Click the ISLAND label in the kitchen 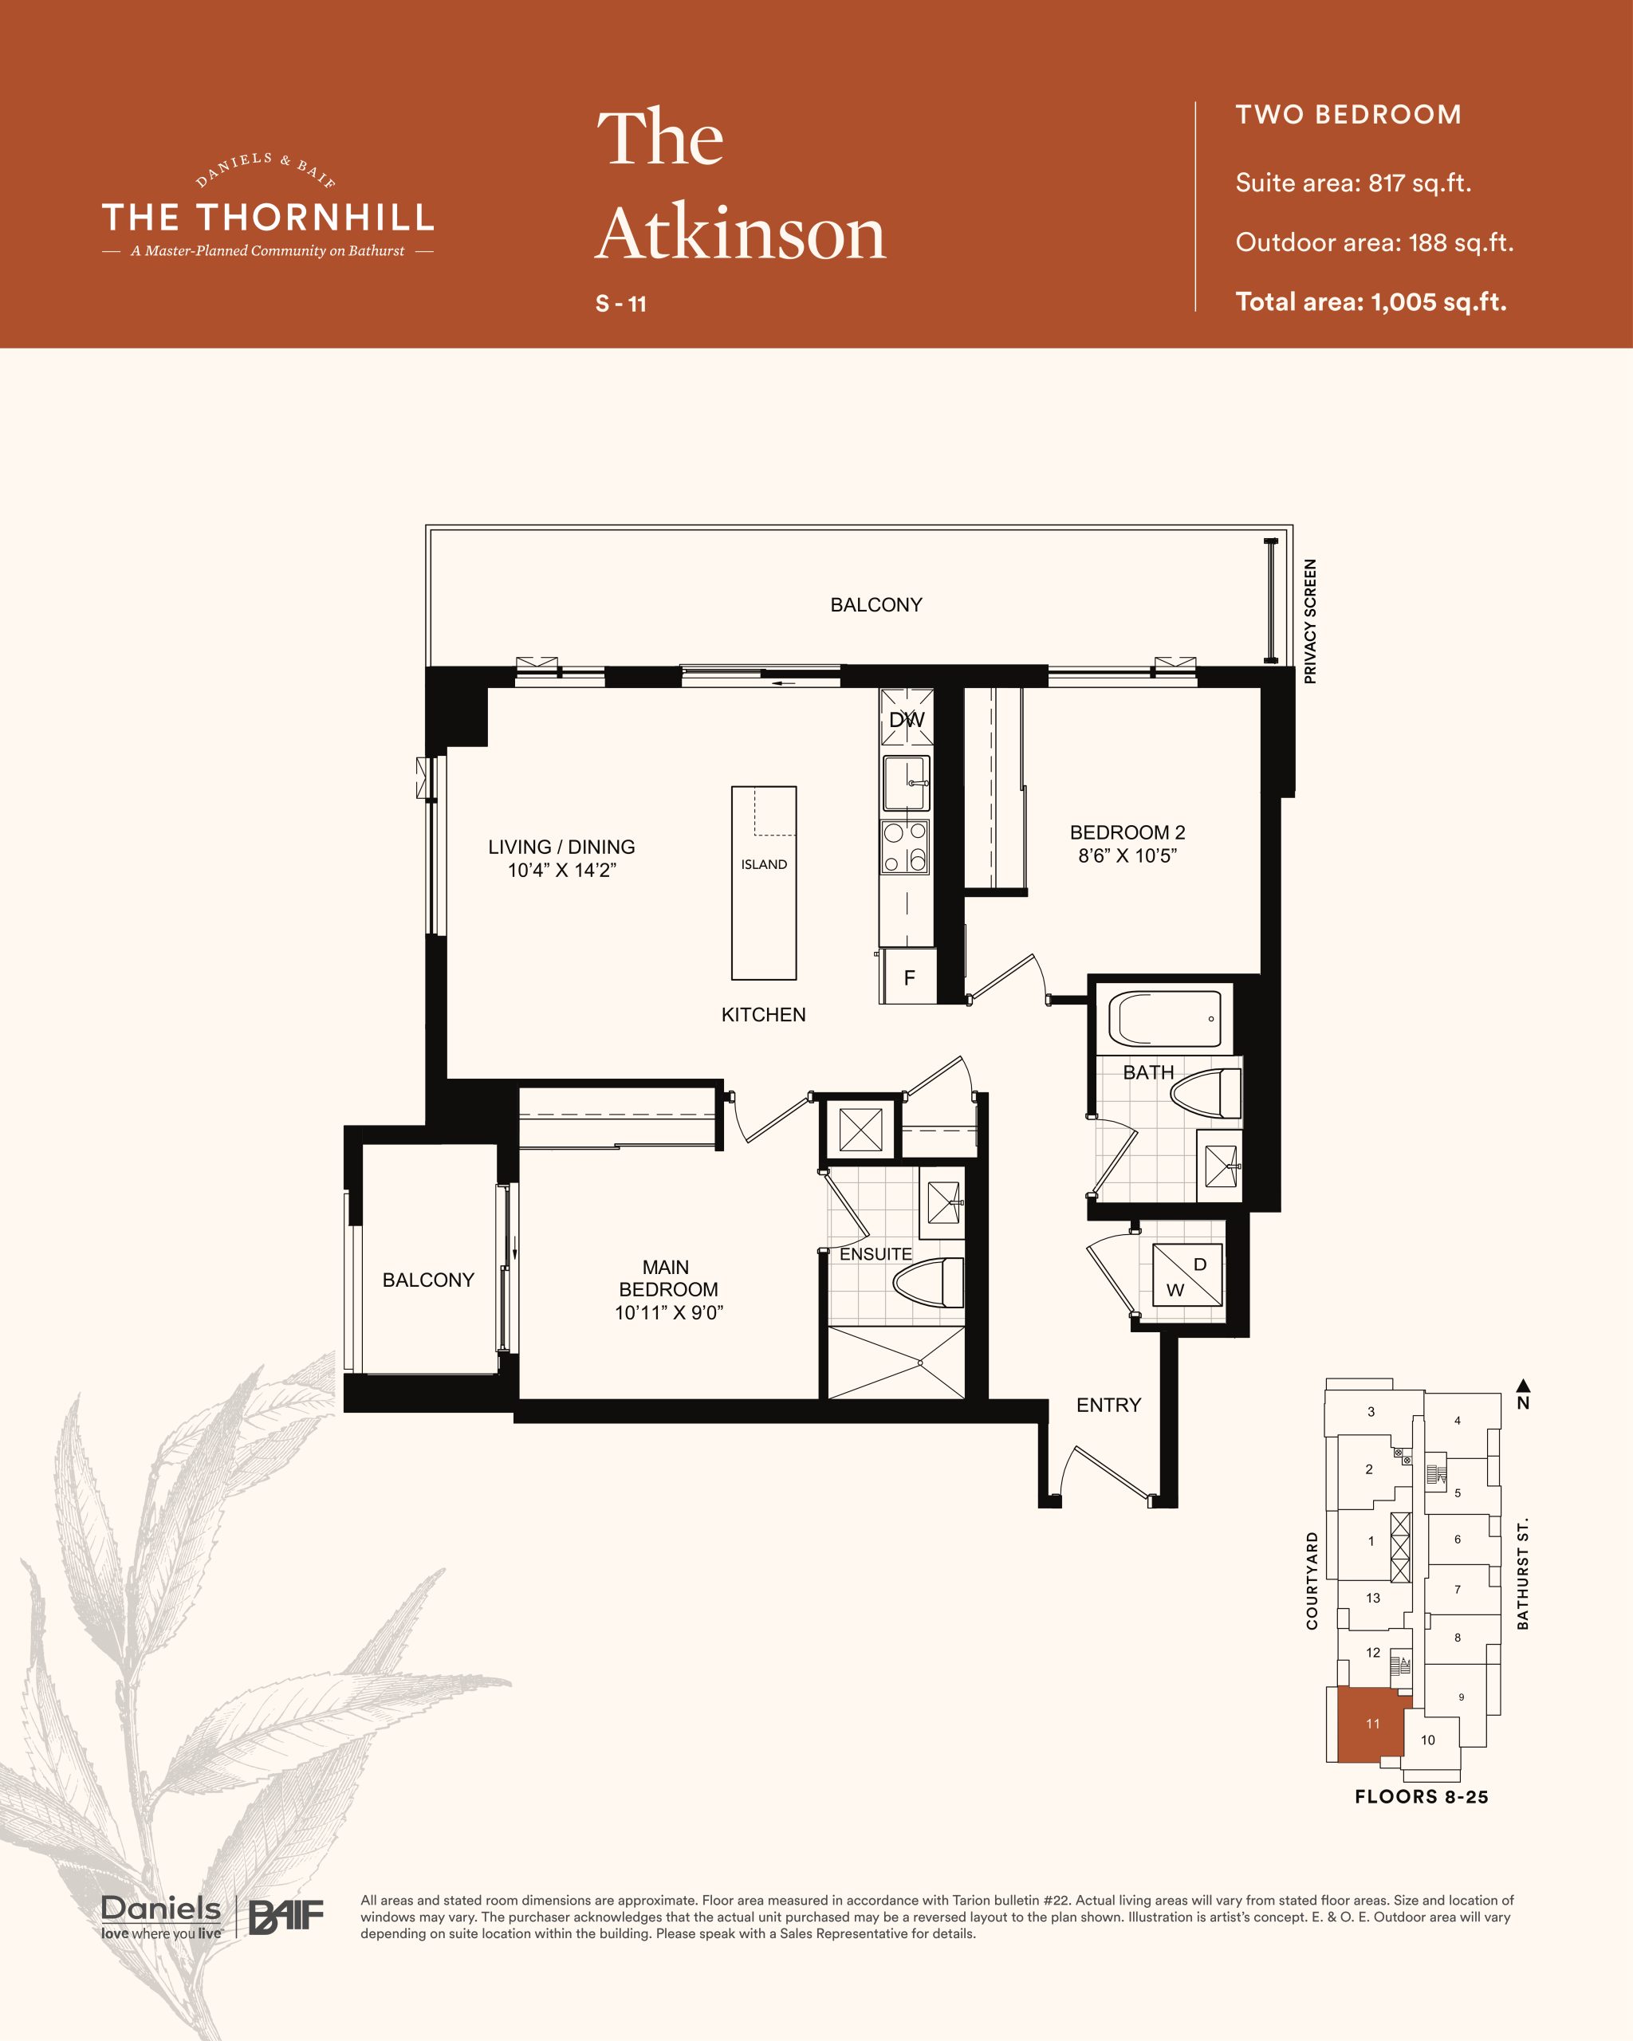764,864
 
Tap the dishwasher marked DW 907,718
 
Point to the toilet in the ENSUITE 930,1284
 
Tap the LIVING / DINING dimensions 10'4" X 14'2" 562,870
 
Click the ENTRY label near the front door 1108,1405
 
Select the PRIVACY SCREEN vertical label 1310,621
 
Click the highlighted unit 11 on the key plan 1370,1724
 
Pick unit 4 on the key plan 1457,1420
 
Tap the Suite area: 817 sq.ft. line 1353,183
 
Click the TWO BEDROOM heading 1348,115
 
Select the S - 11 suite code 621,304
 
